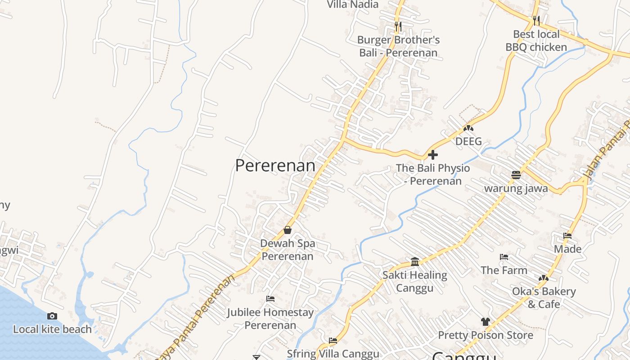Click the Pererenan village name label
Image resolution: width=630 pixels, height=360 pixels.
275,166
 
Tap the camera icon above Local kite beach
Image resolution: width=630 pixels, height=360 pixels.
52,316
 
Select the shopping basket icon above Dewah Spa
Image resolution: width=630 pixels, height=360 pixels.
288,230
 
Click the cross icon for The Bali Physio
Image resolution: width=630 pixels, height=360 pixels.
433,155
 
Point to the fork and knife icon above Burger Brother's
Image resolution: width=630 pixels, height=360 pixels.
398,27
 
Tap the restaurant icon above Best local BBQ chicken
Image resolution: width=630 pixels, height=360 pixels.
536,20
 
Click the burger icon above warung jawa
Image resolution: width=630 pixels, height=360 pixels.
516,175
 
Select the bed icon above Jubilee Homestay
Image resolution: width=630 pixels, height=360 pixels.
270,298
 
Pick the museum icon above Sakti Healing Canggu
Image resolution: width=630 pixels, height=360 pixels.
415,261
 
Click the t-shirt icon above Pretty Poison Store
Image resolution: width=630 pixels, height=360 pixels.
485,321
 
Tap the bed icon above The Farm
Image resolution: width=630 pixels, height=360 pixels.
504,257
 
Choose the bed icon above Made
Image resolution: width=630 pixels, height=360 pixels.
567,235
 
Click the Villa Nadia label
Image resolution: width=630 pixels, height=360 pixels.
353,5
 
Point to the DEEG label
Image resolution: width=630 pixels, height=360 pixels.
468,141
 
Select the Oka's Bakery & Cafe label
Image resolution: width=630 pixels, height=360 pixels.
544,297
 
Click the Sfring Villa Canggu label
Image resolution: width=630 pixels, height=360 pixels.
333,354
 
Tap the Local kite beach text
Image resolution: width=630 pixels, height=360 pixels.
52,329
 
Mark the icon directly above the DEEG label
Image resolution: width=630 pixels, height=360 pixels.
468,128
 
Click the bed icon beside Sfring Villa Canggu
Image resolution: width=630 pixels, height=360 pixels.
333,340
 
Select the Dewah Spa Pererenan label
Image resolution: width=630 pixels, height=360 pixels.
288,250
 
